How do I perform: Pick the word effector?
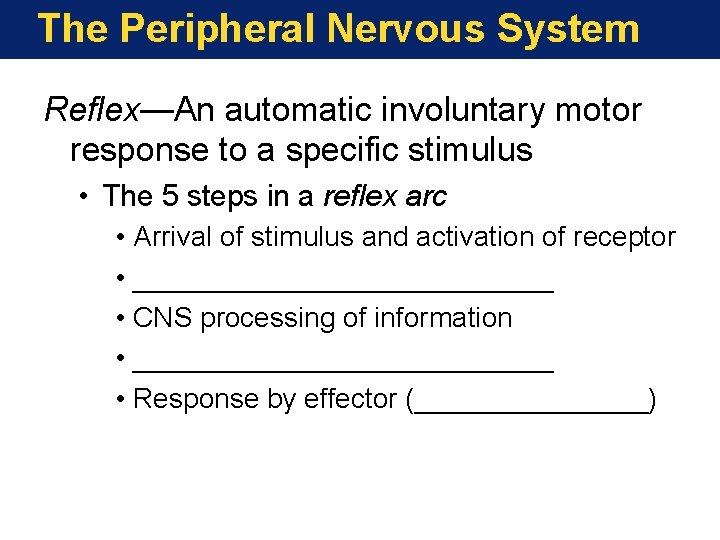click(350, 398)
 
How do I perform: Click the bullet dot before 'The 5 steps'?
click(88, 197)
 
